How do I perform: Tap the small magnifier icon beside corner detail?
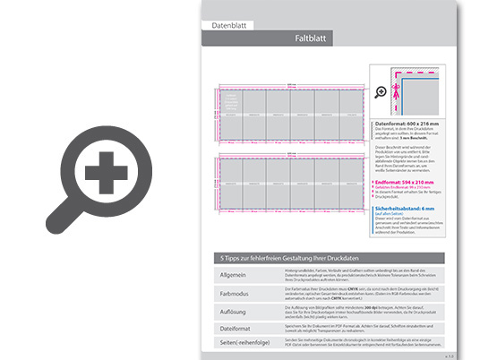coord(381,91)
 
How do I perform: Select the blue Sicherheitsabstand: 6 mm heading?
coord(414,208)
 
